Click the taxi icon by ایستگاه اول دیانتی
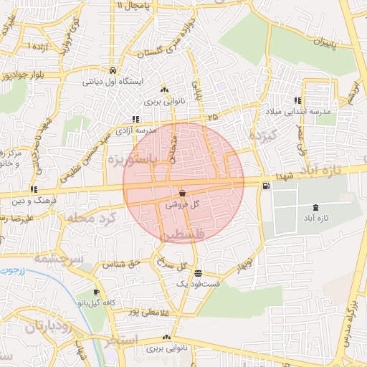point(113,70)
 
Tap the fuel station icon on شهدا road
point(267,187)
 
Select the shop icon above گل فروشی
point(182,193)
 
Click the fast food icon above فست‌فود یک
point(198,273)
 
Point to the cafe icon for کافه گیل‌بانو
point(97,292)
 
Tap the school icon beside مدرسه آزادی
point(134,119)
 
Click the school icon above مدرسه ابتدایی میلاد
point(297,101)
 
